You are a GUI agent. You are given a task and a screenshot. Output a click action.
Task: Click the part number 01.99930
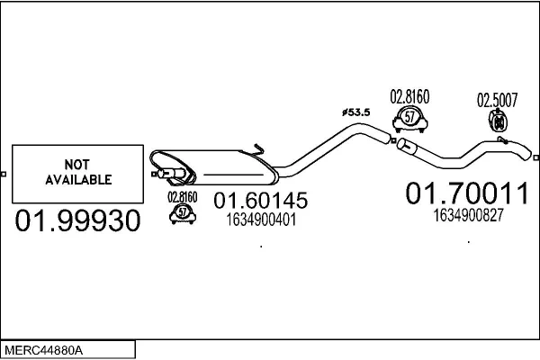tap(78, 221)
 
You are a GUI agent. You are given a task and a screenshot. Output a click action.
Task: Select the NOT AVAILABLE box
tap(77, 173)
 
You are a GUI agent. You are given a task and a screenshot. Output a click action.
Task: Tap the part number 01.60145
tap(260, 202)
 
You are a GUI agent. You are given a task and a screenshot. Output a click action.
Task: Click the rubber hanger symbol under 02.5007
tap(495, 121)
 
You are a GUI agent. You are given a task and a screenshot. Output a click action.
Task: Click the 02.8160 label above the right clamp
tap(409, 97)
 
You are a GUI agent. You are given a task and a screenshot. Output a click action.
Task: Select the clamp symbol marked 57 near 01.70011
tap(409, 119)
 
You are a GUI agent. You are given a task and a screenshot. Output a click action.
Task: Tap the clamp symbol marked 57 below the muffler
tap(184, 212)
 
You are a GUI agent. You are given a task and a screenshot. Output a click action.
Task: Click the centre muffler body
tap(225, 163)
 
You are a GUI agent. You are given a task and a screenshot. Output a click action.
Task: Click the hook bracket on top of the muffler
tap(258, 149)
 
